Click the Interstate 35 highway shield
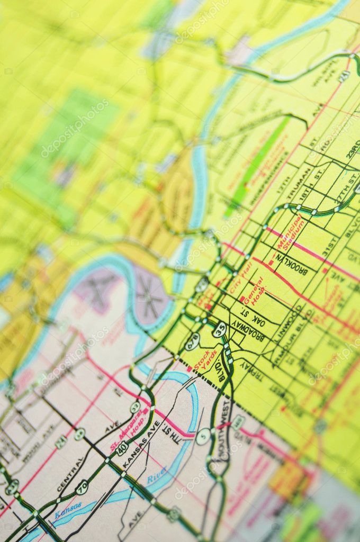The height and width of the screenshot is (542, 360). pos(219,329)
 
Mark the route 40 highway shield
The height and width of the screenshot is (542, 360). pos(122,448)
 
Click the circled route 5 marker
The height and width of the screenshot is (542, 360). pos(203,436)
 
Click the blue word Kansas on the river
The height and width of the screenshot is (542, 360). pos(68,510)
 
